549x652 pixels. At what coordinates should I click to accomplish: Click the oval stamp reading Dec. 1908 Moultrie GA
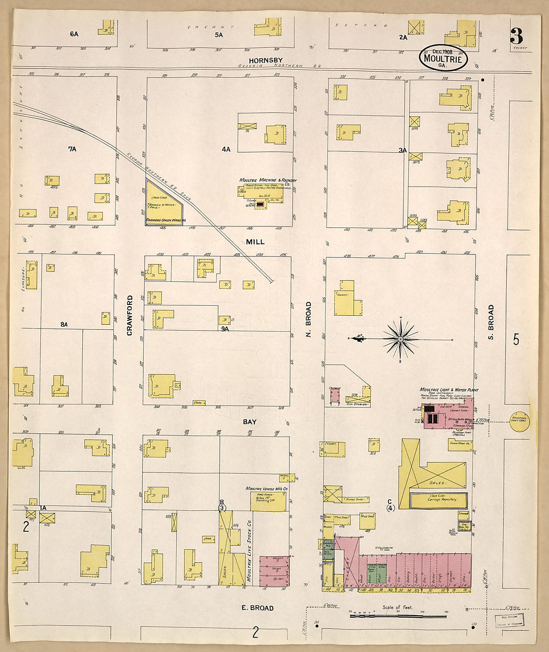443,58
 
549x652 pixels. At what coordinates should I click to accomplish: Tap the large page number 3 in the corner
516,36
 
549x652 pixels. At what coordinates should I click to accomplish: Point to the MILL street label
255,242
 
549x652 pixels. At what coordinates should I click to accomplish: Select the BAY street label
250,422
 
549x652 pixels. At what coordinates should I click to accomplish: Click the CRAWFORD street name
130,315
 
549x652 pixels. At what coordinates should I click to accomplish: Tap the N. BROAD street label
308,320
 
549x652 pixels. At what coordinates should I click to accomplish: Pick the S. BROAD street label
491,322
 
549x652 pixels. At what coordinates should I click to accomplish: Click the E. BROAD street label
258,608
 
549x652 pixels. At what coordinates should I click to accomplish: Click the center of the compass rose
400,339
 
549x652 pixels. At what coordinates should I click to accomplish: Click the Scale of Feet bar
384,616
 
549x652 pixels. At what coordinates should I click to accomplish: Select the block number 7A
72,149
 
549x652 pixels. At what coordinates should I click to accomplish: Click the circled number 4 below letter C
390,508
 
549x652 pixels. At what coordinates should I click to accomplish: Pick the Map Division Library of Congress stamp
509,620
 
